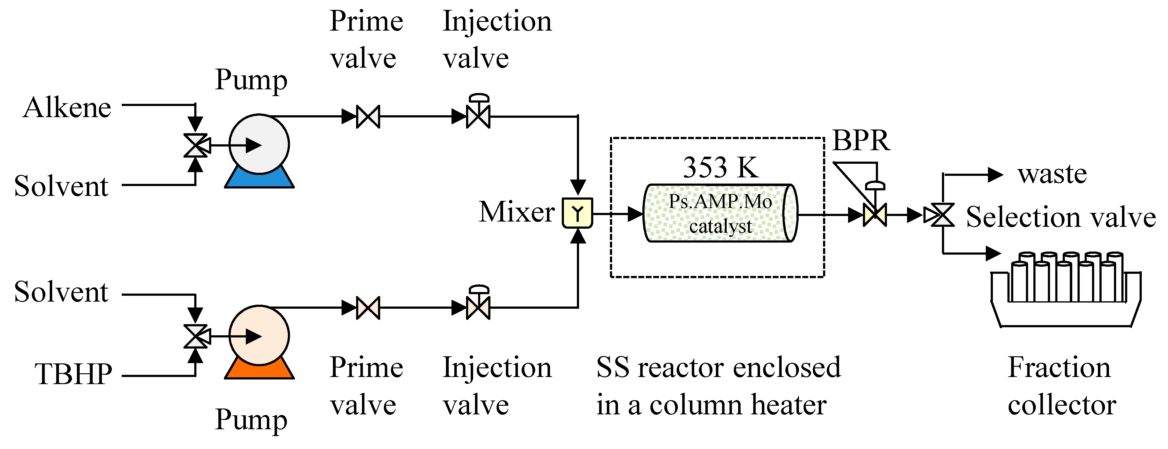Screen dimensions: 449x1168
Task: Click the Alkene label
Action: coord(67,108)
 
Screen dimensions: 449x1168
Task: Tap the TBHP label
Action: coord(74,375)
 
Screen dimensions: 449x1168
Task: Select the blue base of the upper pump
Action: coord(259,180)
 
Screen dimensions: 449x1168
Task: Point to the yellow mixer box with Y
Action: coord(577,213)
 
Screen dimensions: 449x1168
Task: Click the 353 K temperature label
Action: coord(720,167)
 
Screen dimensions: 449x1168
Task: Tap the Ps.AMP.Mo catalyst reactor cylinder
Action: coord(720,213)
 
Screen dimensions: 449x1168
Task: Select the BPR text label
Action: coord(861,141)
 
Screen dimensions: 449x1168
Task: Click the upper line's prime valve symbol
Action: coord(368,116)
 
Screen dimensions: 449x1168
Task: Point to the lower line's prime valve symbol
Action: coord(368,308)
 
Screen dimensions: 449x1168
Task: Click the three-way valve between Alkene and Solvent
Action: coord(196,146)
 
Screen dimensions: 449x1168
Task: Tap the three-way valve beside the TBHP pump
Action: coord(196,337)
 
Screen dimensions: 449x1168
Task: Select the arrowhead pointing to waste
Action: coord(995,175)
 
